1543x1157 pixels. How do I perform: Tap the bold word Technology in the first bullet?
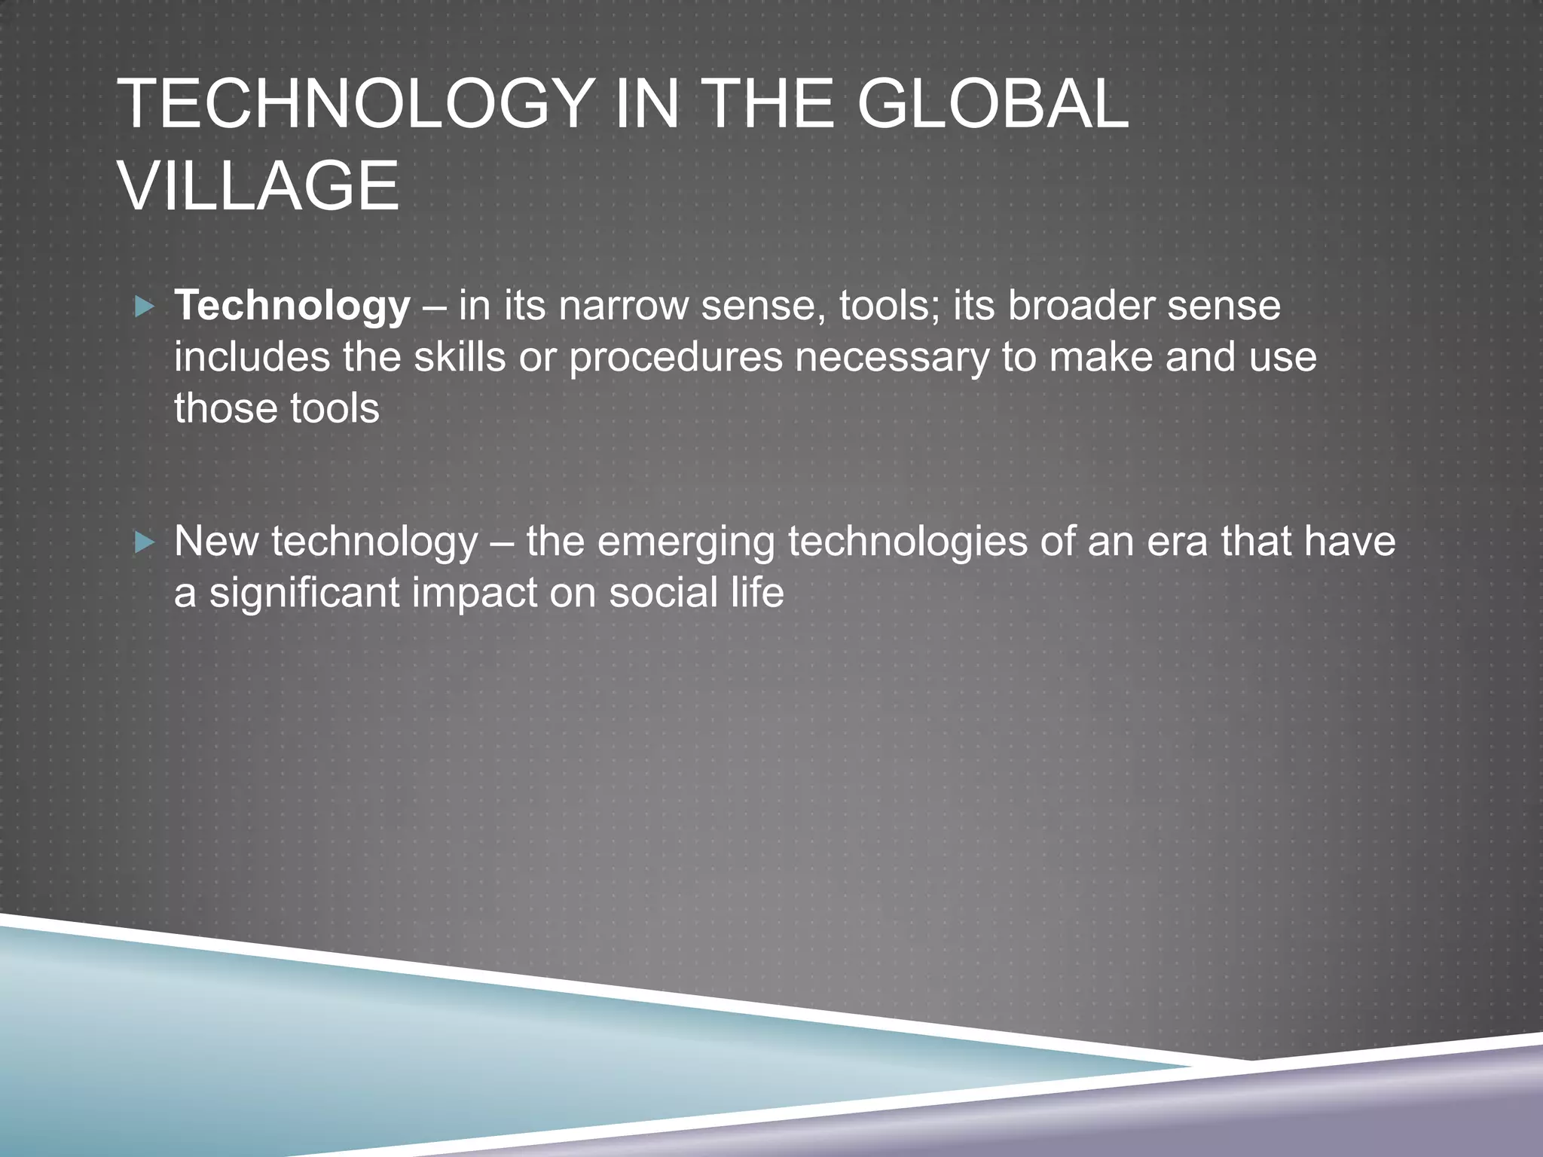click(292, 307)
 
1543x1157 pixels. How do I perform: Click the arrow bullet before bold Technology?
click(144, 307)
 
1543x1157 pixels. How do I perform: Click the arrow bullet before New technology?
click(144, 542)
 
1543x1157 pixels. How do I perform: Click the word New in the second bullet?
click(216, 542)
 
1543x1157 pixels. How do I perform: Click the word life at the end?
click(756, 592)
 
